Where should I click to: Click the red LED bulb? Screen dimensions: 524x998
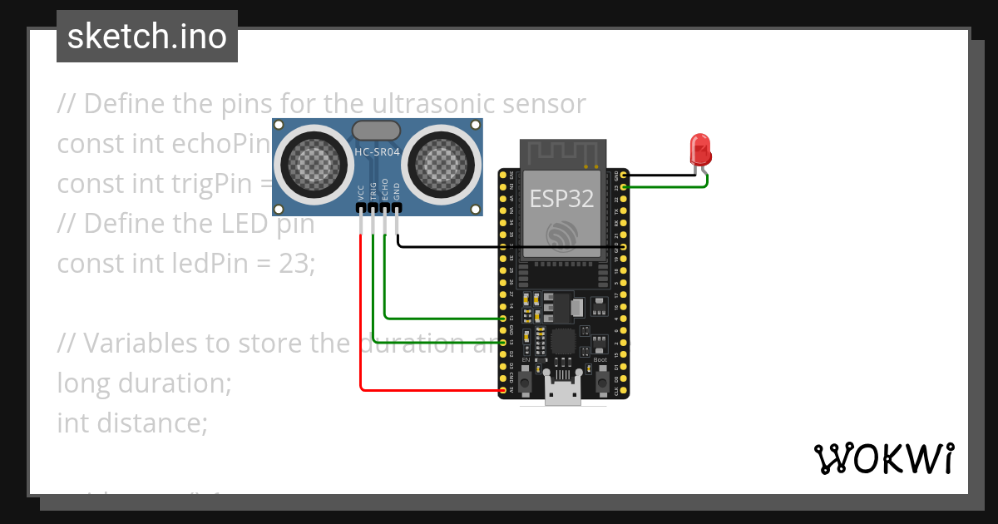tap(700, 151)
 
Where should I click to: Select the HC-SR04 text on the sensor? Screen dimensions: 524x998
tap(378, 152)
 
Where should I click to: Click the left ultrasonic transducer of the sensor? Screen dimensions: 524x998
tap(309, 161)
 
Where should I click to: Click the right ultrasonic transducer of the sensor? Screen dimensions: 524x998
tap(447, 161)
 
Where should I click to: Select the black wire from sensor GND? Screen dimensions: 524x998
tap(449, 247)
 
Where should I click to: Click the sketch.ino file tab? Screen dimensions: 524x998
tap(147, 37)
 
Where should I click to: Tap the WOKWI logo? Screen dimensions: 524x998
tap(883, 458)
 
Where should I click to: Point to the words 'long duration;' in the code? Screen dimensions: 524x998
tap(144, 383)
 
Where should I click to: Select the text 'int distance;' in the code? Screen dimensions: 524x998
tap(131, 423)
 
